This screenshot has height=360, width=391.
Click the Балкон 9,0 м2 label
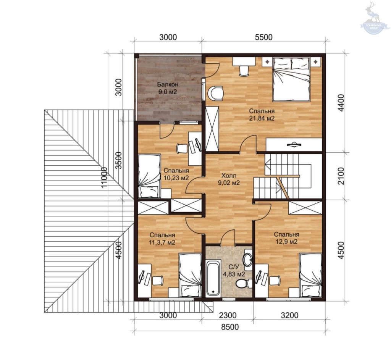pos(168,88)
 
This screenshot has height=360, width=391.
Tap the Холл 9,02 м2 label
pos(229,179)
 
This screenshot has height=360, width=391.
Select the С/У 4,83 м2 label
pos(234,271)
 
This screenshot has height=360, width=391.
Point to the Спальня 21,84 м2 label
pos(262,115)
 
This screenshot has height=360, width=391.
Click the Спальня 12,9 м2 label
pos(286,238)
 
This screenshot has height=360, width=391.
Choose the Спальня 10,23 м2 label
pos(176,174)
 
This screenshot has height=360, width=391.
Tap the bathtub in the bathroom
pos(213,277)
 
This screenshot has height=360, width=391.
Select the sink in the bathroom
pos(248,260)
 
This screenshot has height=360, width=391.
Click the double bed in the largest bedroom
pos(291,79)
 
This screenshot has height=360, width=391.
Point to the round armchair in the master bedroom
pos(216,93)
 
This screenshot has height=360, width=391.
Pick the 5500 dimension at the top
pos(264,37)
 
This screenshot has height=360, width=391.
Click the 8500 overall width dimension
pos(230,327)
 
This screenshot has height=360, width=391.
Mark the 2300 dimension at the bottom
pos(228,315)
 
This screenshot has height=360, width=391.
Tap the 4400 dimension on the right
pos(341,103)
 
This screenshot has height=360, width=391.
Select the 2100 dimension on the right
pos(341,176)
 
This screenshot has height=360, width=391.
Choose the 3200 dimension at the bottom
pos(289,315)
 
